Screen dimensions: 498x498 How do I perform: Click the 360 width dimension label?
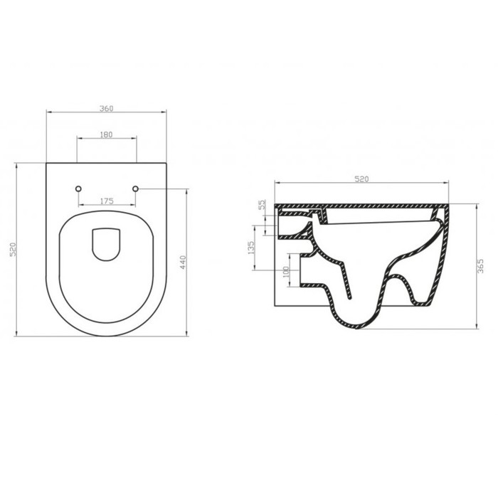click(106, 108)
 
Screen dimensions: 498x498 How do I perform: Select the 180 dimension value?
click(106, 134)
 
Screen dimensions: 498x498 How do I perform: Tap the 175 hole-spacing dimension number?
click(106, 201)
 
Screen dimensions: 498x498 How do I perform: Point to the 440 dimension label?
click(183, 263)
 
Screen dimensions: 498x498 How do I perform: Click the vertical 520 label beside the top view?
click(12, 249)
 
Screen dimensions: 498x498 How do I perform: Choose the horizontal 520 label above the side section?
click(361, 179)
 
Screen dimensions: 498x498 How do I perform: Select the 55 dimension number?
click(261, 204)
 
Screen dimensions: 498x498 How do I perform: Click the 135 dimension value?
click(250, 248)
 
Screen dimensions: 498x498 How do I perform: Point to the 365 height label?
click(480, 266)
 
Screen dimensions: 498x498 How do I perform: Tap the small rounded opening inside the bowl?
click(106, 244)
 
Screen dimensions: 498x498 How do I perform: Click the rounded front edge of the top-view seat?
click(106, 335)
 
